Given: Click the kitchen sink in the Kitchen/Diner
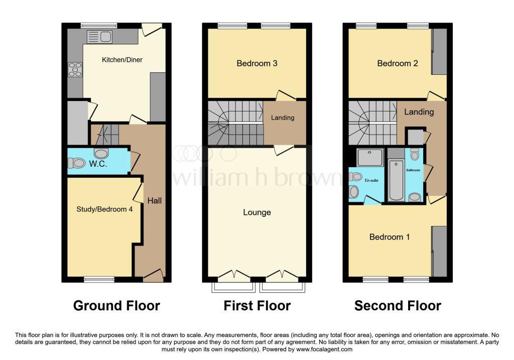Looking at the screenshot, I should pyautogui.click(x=99, y=37).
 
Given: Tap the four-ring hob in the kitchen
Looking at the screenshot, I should pyautogui.click(x=75, y=69).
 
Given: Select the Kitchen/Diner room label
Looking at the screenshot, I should pyautogui.click(x=122, y=60).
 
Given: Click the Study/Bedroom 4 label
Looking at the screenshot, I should pyautogui.click(x=104, y=209).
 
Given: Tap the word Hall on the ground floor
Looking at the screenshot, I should pyautogui.click(x=155, y=200).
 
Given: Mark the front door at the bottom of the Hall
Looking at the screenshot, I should pyautogui.click(x=153, y=275).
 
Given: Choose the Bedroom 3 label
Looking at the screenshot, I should pyautogui.click(x=257, y=63).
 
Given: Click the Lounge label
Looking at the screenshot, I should pyautogui.click(x=257, y=212).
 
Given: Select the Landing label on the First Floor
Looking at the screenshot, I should pyautogui.click(x=283, y=118).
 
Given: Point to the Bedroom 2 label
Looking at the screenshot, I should pyautogui.click(x=398, y=63).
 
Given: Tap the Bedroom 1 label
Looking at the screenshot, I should pyautogui.click(x=390, y=236).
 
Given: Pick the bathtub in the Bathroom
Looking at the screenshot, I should pyautogui.click(x=396, y=180).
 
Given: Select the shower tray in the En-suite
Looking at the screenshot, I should pyautogui.click(x=370, y=158).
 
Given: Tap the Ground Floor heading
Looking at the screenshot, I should pyautogui.click(x=116, y=305).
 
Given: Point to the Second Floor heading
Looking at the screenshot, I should pyautogui.click(x=398, y=305).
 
